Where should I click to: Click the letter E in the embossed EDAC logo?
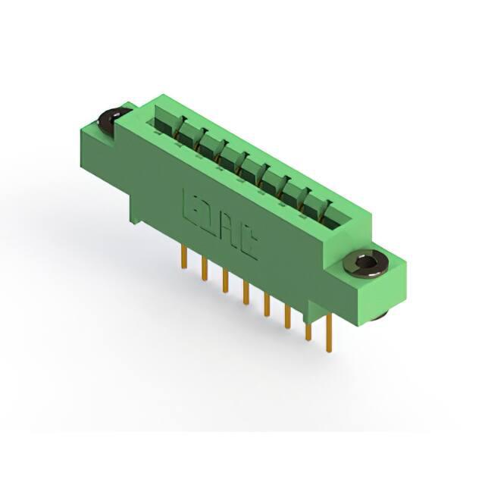coord(191,203)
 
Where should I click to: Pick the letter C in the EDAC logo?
coord(249,243)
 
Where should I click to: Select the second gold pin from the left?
coord(204,268)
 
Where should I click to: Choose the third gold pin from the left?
coord(225,280)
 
